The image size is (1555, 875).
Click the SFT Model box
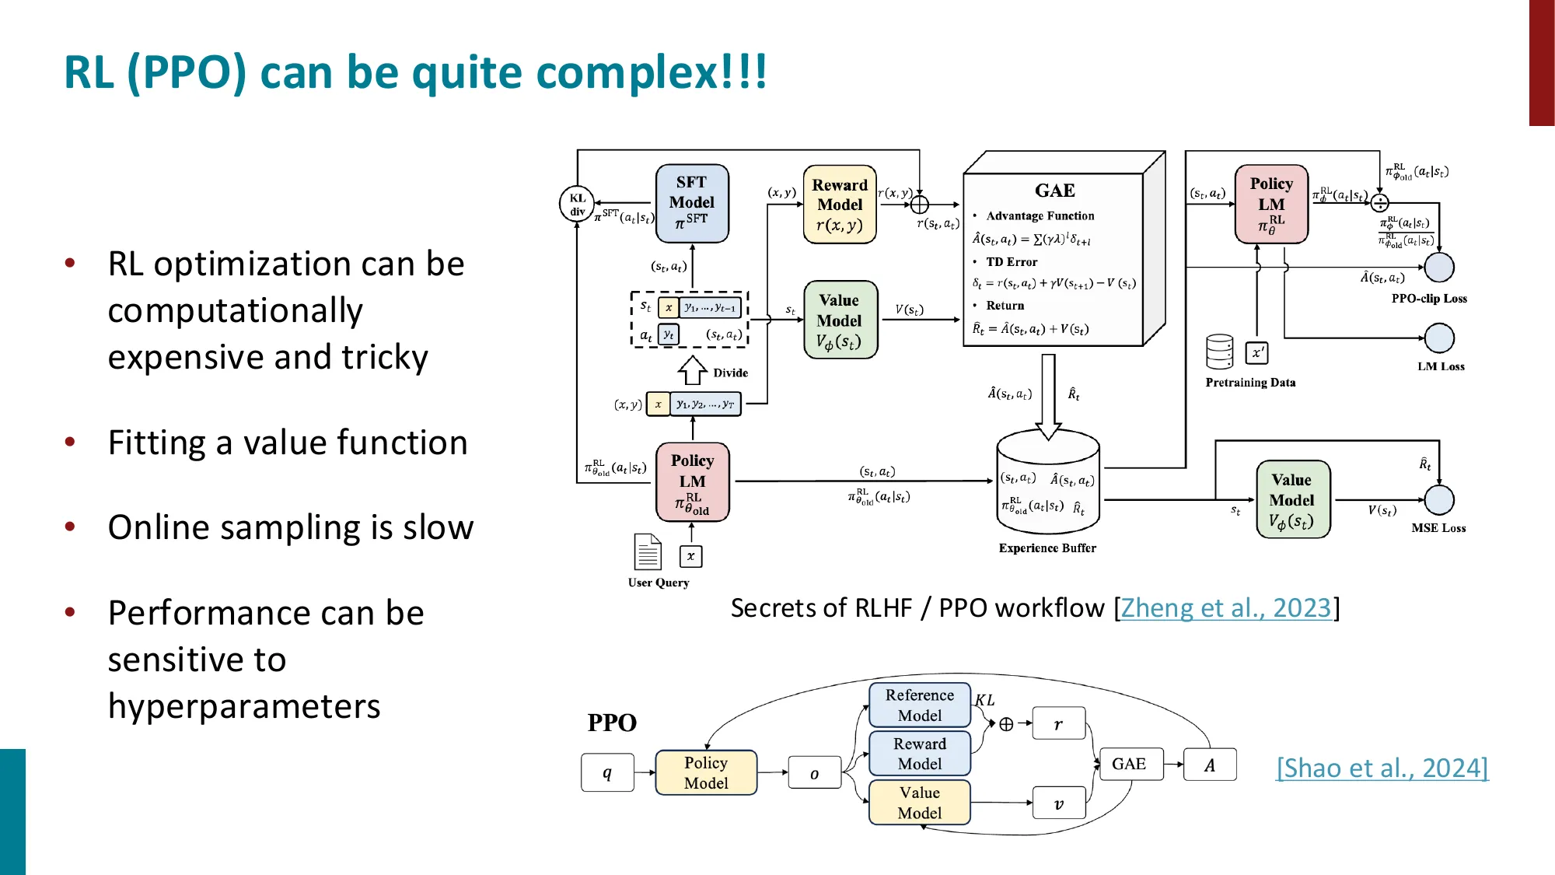691,203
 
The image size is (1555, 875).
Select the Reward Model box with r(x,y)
839,204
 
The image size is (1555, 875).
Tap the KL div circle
577,204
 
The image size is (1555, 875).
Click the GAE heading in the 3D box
1054,191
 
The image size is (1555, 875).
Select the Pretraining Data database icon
1219,352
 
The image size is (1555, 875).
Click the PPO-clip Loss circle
1438,268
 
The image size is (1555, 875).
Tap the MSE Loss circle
1438,500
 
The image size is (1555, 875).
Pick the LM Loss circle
1438,338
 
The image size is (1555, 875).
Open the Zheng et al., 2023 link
1226,607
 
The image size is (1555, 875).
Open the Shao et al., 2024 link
1382,768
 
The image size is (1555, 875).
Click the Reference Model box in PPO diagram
919,705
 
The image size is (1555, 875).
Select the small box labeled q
607,772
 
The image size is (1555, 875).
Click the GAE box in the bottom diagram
1129,764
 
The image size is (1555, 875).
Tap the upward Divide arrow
692,371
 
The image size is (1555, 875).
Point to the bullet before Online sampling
70,527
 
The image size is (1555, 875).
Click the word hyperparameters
244,706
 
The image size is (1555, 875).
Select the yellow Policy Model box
706,772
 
